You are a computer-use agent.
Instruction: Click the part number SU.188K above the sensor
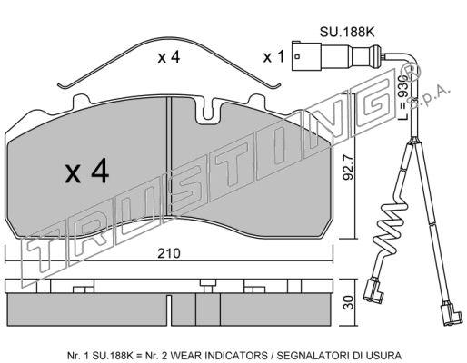pos(347,32)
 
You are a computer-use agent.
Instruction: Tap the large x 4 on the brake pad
pos(87,172)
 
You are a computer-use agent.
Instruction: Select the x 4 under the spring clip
pos(169,57)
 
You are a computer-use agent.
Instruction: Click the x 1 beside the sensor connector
pos(273,57)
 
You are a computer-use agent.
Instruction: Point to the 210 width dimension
pos(169,253)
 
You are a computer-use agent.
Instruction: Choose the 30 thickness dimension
pos(349,302)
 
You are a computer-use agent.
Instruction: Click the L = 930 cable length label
pos(403,97)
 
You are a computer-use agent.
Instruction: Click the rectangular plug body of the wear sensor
pos(306,56)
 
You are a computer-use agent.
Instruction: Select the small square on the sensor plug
pos(297,56)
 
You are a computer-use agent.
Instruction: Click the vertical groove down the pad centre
pos(169,157)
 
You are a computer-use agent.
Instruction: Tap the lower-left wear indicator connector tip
pos(373,291)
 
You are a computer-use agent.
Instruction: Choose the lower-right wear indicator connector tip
pos(452,313)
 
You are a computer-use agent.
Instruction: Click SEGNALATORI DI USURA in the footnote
pos(339,355)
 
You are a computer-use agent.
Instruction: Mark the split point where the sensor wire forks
pos(412,140)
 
